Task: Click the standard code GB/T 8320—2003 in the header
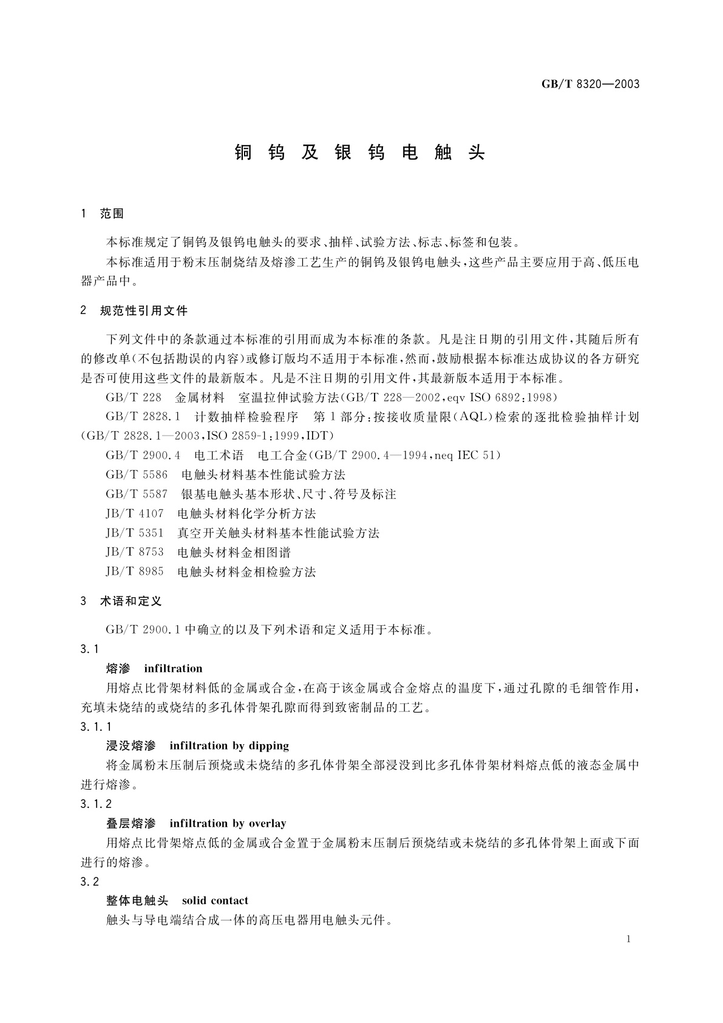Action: point(590,84)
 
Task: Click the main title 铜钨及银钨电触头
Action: point(360,153)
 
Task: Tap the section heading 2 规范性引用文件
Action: point(134,311)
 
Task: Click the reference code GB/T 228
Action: point(134,397)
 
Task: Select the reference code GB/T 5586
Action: point(136,474)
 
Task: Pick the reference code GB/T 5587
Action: point(136,494)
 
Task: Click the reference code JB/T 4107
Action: point(134,513)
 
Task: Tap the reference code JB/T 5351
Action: point(134,533)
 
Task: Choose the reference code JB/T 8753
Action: point(134,552)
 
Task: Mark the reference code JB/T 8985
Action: point(134,572)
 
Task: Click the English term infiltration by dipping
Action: point(229,745)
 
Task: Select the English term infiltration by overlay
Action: point(228,823)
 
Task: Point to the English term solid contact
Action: point(215,900)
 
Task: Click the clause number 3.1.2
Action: point(96,804)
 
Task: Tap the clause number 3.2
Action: point(89,881)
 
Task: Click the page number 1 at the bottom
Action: point(628,939)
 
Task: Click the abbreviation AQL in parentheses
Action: point(472,417)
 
